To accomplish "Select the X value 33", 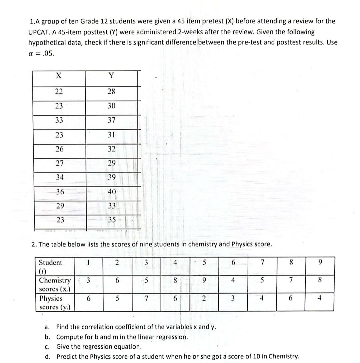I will tap(59, 120).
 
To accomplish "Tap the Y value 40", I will tap(112, 192).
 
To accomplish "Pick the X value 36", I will tap(60, 192).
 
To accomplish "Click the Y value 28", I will tap(111, 91).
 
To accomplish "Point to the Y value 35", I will tap(112, 220).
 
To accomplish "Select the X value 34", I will tap(60, 177).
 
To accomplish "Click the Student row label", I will tap(50, 266).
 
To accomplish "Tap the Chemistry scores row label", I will tap(55, 284).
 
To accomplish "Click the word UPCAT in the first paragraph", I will tap(39, 32).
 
